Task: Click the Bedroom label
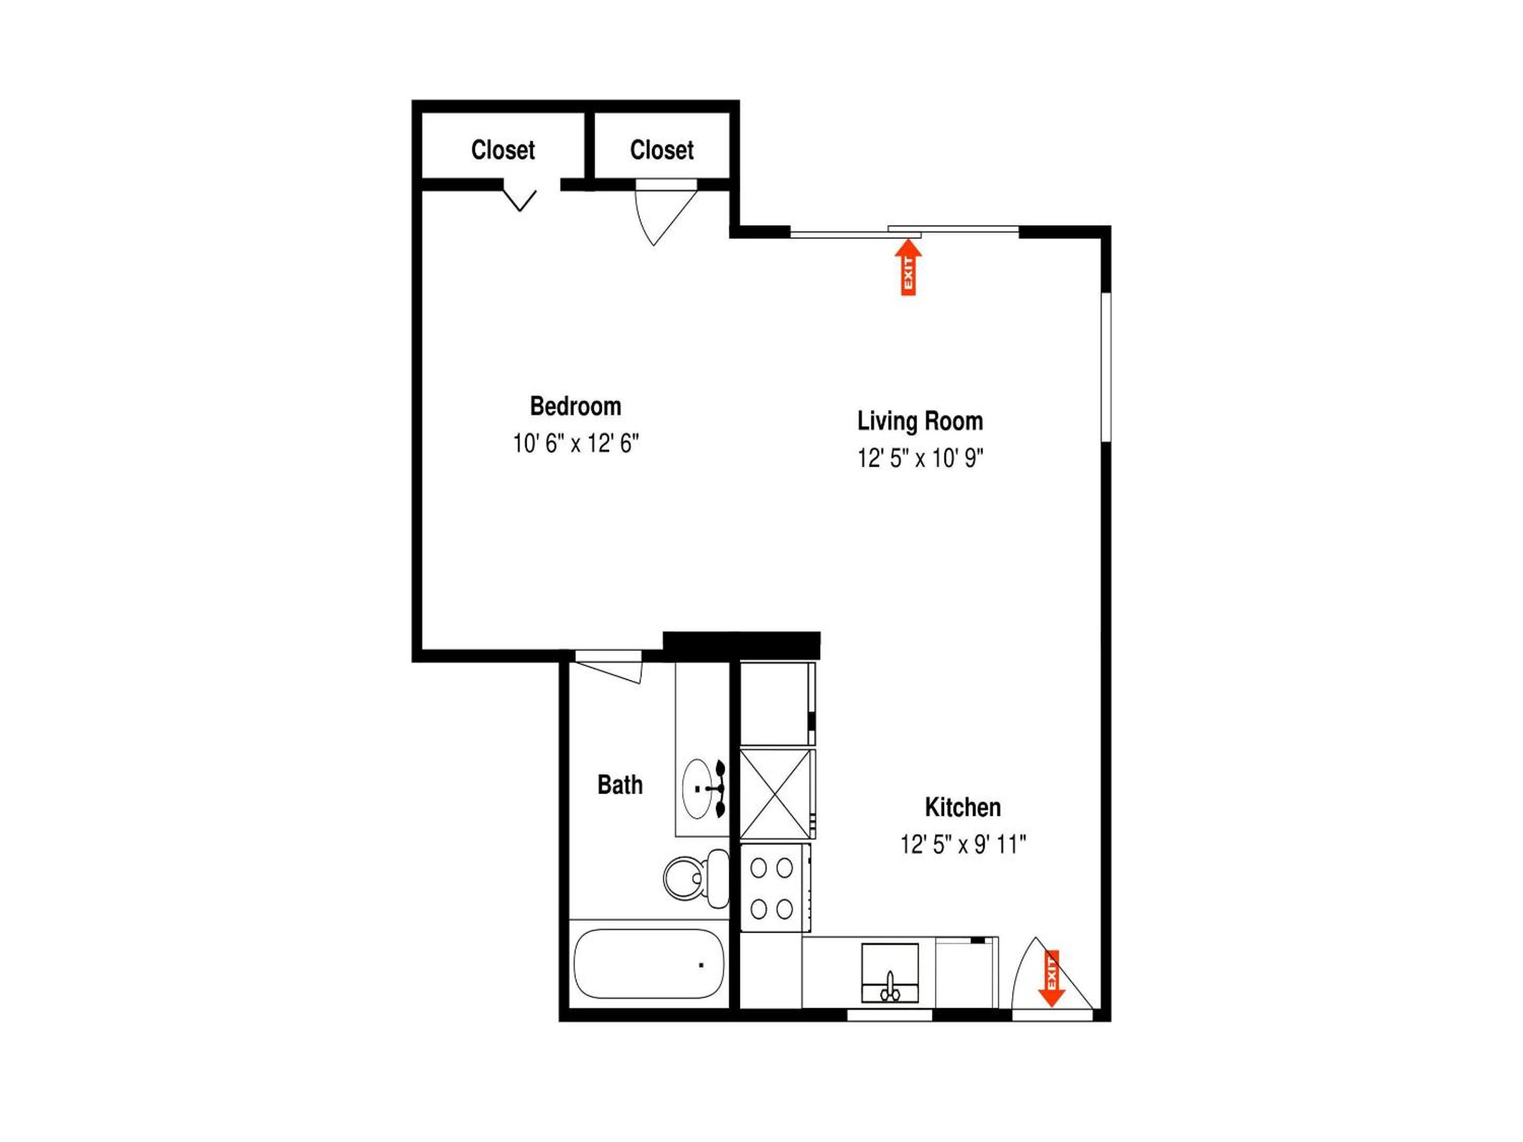(x=575, y=406)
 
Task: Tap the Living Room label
(x=920, y=421)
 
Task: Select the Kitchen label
(x=962, y=807)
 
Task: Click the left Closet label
(x=502, y=150)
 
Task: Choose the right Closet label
(x=662, y=150)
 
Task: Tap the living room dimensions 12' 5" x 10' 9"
(x=920, y=458)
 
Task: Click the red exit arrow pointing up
(x=908, y=266)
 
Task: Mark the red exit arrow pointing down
(x=1051, y=978)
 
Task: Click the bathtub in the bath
(x=648, y=964)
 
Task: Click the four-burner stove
(x=775, y=888)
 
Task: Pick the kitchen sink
(x=889, y=973)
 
